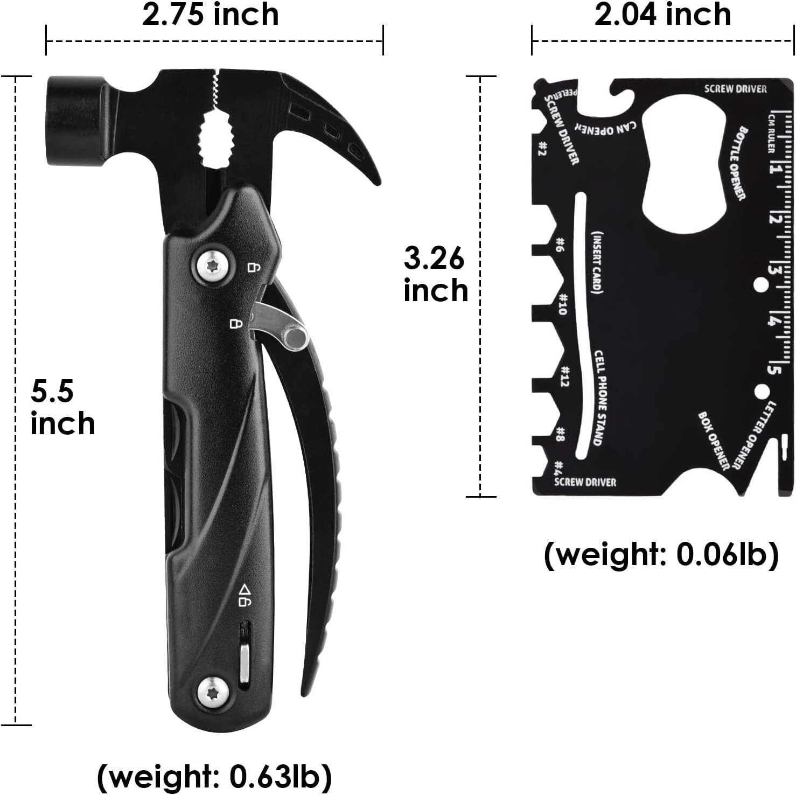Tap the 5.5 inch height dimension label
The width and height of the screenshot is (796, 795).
[62, 407]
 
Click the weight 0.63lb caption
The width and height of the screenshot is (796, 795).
[214, 776]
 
